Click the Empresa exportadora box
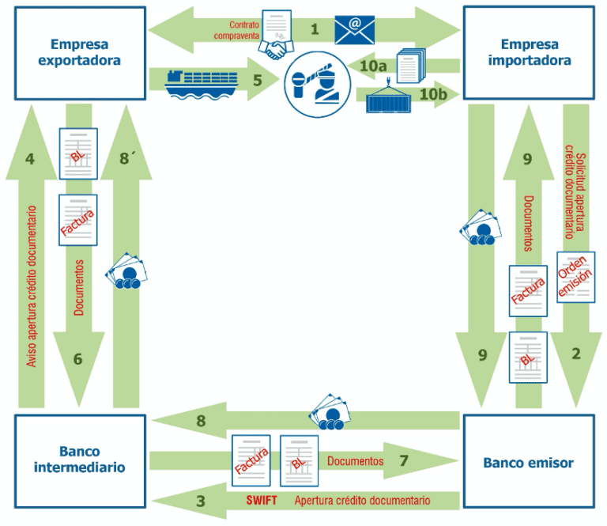point(79,52)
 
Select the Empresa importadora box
point(529,52)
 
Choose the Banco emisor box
point(529,462)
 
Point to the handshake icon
point(277,50)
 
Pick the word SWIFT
point(262,501)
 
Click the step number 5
point(257,80)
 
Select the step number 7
point(403,460)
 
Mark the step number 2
point(576,355)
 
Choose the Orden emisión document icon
point(575,277)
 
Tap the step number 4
point(30,159)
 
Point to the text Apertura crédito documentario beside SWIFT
point(362,501)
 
